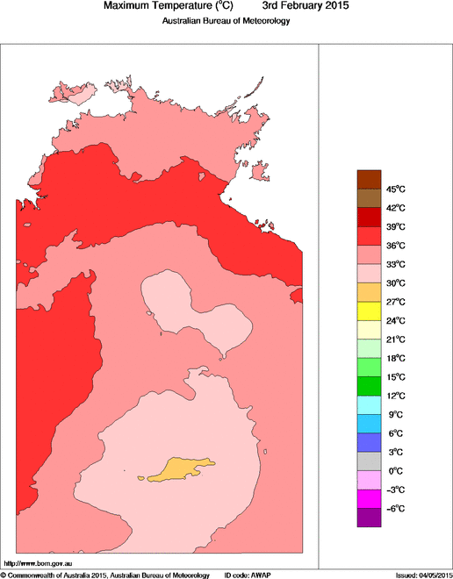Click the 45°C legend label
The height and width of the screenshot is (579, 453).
tap(395, 189)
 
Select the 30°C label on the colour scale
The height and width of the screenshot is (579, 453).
tap(395, 282)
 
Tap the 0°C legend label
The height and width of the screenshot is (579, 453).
tap(395, 471)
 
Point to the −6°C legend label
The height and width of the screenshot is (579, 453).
tap(395, 509)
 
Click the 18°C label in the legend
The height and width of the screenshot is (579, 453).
tap(395, 358)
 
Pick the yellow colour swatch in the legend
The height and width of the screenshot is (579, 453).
tap(369, 311)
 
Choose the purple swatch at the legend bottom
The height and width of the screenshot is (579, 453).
tap(369, 518)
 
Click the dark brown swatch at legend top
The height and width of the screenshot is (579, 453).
tap(369, 179)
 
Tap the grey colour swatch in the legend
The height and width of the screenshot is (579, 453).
tap(369, 461)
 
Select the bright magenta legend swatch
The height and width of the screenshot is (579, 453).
tap(369, 499)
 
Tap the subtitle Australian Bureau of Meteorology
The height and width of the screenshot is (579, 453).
tap(226, 21)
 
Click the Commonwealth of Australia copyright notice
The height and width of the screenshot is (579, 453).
tap(105, 575)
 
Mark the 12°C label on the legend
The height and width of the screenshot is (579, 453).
tap(395, 396)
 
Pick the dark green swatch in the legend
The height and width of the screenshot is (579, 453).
tap(369, 386)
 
